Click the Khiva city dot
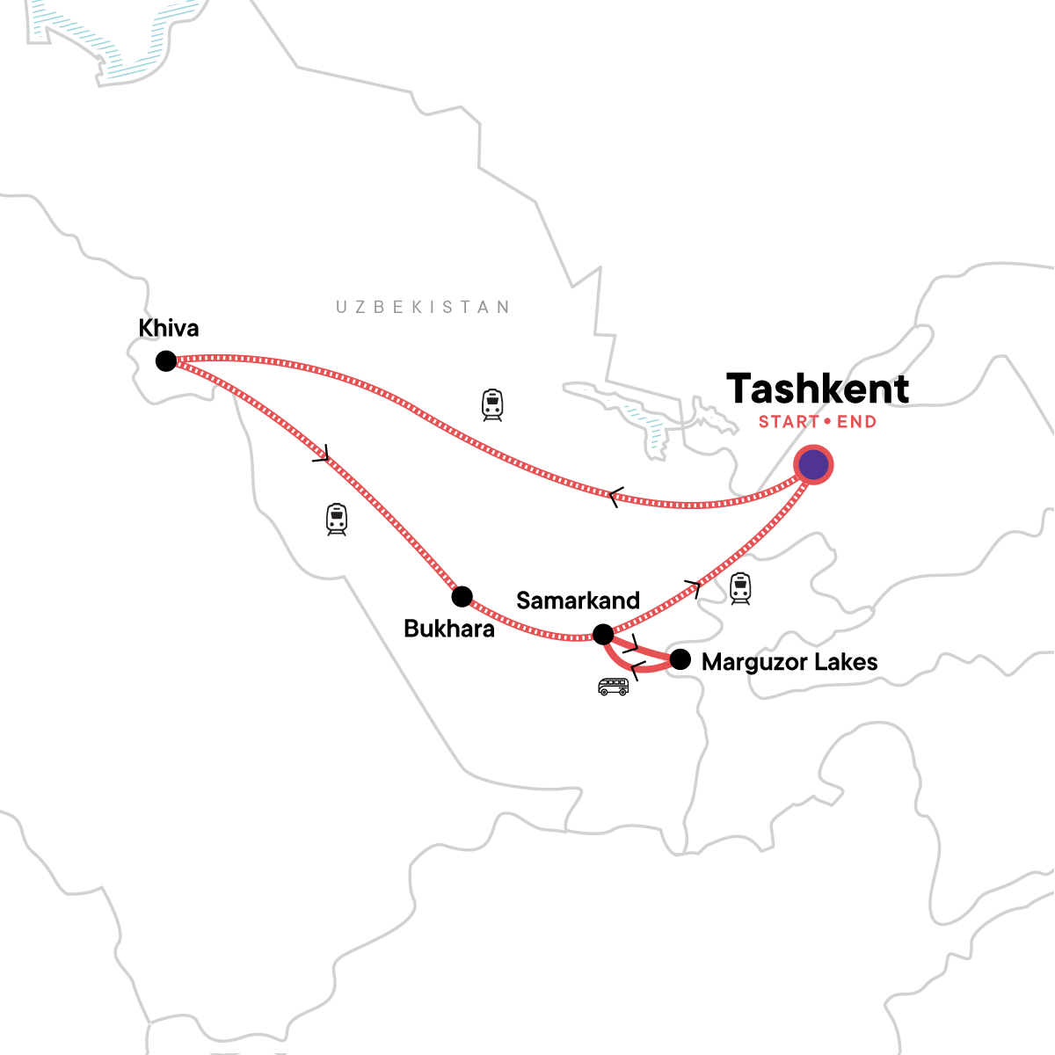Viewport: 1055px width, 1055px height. coord(165,360)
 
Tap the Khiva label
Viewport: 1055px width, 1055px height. coord(169,329)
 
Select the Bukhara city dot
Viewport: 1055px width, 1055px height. coord(462,597)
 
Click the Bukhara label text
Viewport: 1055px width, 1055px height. coord(449,629)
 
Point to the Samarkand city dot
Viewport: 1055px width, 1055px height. coord(603,634)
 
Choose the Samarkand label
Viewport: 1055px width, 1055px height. coord(578,601)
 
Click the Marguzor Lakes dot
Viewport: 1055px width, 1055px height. coord(680,659)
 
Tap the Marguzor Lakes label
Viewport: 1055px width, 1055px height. coord(789,662)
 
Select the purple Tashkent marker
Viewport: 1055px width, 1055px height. coord(813,465)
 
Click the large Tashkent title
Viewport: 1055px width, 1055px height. coord(818,389)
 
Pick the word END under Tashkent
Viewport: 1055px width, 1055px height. coord(856,422)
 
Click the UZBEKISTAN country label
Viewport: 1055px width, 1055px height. coord(423,307)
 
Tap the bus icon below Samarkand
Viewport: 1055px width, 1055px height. coord(613,687)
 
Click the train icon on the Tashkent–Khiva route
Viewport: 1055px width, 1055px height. coord(492,404)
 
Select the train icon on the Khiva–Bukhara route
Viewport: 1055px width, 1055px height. coord(336,520)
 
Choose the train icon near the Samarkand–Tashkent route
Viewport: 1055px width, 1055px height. coord(740,588)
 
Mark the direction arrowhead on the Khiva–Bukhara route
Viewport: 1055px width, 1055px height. coord(322,455)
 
